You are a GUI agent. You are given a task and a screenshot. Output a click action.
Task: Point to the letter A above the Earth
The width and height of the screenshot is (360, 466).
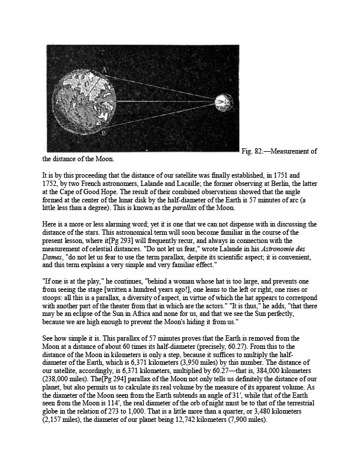coord(104,70)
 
